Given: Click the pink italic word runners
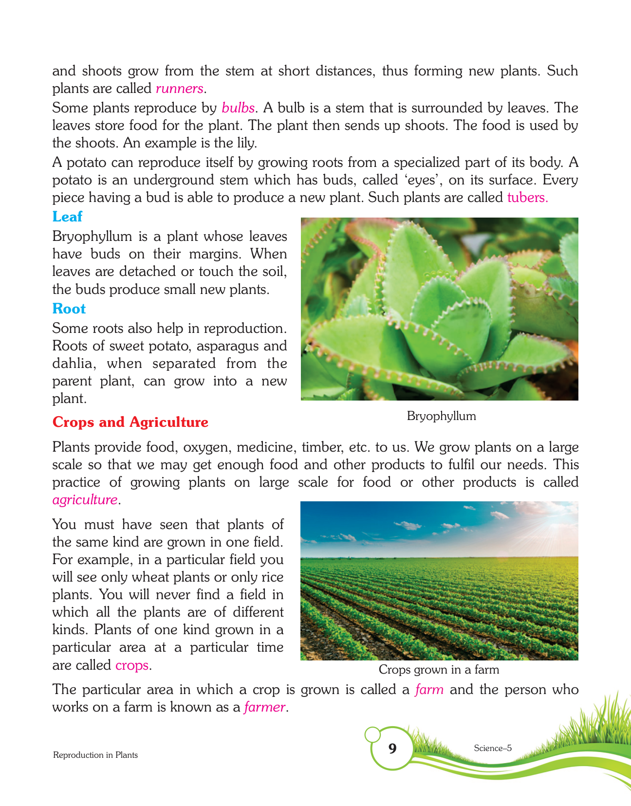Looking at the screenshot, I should [x=179, y=89].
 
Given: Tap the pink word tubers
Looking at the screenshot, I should [x=527, y=198].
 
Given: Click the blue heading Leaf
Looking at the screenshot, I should [x=67, y=217].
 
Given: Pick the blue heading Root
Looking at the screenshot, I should [x=69, y=309].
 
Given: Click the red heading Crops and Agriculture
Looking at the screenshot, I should [x=130, y=422].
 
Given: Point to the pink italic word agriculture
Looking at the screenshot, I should [x=85, y=500].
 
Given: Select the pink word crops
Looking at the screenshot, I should [x=132, y=665].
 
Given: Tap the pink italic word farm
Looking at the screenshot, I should [x=429, y=690].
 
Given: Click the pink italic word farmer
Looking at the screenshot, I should [x=264, y=707].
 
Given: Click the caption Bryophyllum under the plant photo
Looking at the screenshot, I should [x=441, y=416].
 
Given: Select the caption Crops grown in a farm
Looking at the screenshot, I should [x=439, y=670].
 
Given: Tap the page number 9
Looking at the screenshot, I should [x=392, y=749].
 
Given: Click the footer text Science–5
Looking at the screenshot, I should [x=492, y=748].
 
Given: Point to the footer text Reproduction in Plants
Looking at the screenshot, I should [x=95, y=755].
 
